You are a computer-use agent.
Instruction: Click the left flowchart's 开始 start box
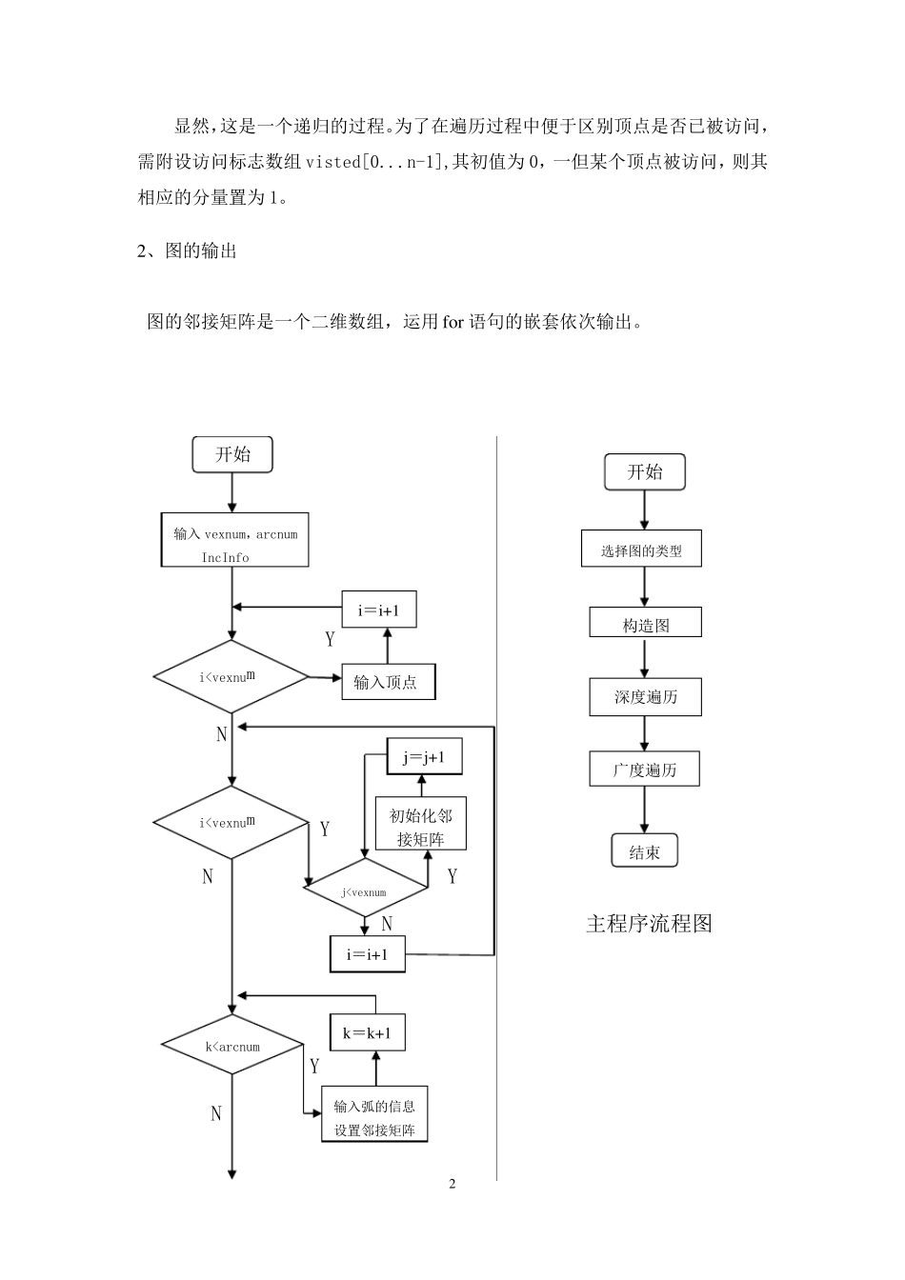point(232,454)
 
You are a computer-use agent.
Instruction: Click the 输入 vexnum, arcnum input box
point(234,541)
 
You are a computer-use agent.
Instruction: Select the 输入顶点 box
point(388,682)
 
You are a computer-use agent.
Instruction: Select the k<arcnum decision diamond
point(231,1046)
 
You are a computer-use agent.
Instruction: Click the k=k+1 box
point(367,1032)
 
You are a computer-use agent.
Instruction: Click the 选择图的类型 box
point(641,550)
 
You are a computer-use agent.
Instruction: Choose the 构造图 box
point(645,624)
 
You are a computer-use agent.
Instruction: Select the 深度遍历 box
point(645,697)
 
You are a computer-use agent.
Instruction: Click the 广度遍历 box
point(645,770)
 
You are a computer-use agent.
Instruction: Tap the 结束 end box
point(644,850)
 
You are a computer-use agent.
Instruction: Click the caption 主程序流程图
point(648,923)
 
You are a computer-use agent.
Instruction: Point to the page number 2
point(452,1184)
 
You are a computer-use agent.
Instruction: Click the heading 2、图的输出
point(188,250)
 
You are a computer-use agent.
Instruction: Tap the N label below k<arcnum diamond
point(215,1112)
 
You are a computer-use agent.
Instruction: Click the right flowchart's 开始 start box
point(645,472)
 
